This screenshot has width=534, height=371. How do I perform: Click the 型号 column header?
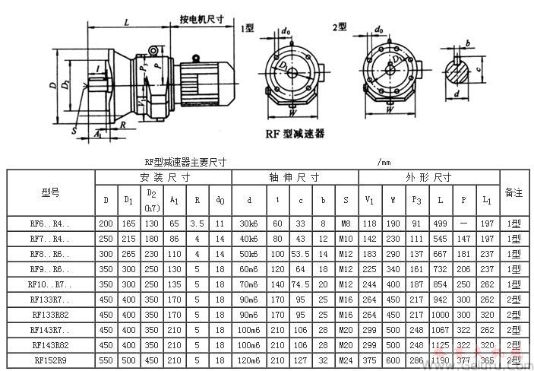(x=50, y=193)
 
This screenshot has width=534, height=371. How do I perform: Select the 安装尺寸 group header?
(x=163, y=177)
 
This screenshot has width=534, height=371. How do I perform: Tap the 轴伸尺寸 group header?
(x=294, y=177)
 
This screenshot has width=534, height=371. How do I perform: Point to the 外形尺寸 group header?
(x=428, y=177)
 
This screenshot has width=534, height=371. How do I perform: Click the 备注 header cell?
(x=513, y=193)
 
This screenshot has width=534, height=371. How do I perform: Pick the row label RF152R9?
(x=50, y=359)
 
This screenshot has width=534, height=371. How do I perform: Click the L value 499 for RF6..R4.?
(x=441, y=224)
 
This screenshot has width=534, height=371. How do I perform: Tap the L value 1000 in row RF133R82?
(x=441, y=314)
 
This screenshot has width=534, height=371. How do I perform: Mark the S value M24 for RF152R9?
(x=346, y=359)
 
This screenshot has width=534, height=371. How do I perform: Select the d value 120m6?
(x=249, y=359)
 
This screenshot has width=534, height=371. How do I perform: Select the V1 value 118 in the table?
(x=369, y=224)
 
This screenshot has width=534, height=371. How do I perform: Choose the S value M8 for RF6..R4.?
(x=346, y=224)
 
